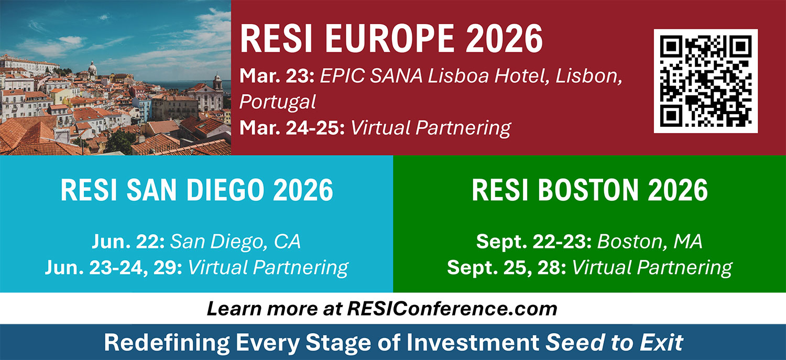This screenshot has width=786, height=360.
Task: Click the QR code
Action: (706, 81)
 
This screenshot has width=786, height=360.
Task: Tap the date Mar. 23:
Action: (277, 76)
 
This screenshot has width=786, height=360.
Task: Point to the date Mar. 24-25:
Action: (292, 128)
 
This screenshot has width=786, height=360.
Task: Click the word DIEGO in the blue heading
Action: (225, 190)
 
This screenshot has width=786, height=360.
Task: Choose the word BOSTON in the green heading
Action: (588, 190)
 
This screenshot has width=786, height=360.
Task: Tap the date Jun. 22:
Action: (128, 242)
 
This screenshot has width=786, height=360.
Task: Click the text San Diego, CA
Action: (235, 242)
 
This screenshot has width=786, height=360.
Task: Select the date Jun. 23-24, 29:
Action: (114, 268)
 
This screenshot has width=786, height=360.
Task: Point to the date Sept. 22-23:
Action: (534, 242)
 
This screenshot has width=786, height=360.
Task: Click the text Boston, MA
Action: (650, 242)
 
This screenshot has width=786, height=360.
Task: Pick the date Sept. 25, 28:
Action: (507, 268)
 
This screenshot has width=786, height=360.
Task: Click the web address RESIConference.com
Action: (452, 309)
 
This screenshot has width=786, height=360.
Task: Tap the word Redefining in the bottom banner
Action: (167, 343)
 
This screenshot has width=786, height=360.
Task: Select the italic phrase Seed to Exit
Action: (614, 343)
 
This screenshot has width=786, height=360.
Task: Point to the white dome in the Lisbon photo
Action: (92, 67)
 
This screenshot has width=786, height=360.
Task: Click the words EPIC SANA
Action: (371, 76)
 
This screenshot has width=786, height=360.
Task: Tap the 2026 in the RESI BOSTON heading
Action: (678, 190)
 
